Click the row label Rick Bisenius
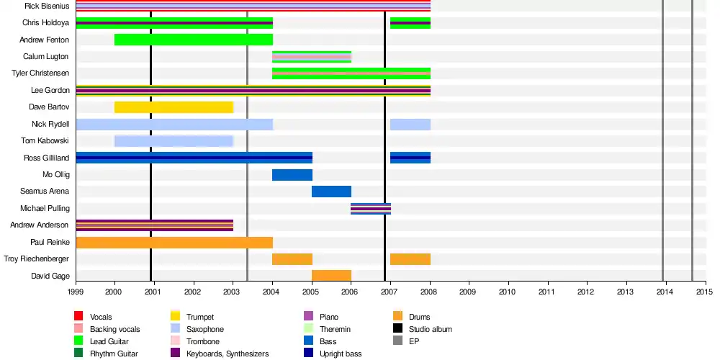pyautogui.click(x=47, y=6)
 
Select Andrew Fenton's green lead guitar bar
pyautogui.click(x=193, y=40)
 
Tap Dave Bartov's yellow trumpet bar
pyautogui.click(x=174, y=107)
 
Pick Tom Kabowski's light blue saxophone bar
pyautogui.click(x=174, y=141)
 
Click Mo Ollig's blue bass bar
pyautogui.click(x=292, y=175)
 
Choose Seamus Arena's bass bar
pyautogui.click(x=331, y=192)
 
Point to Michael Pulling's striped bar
pyautogui.click(x=371, y=209)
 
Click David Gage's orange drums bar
pyautogui.click(x=331, y=276)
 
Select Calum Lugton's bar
pyautogui.click(x=311, y=57)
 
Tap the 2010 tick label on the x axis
pyautogui.click(x=508, y=292)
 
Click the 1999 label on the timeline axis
pyautogui.click(x=76, y=292)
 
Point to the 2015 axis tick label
pyautogui.click(x=704, y=292)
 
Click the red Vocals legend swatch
pyautogui.click(x=79, y=317)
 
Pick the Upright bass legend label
pyautogui.click(x=341, y=354)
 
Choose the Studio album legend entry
pyautogui.click(x=429, y=329)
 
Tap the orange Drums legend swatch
pyautogui.click(x=397, y=317)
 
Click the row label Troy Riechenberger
pyautogui.click(x=37, y=259)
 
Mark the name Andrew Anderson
pyautogui.click(x=40, y=225)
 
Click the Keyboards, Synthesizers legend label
pyautogui.click(x=228, y=354)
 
